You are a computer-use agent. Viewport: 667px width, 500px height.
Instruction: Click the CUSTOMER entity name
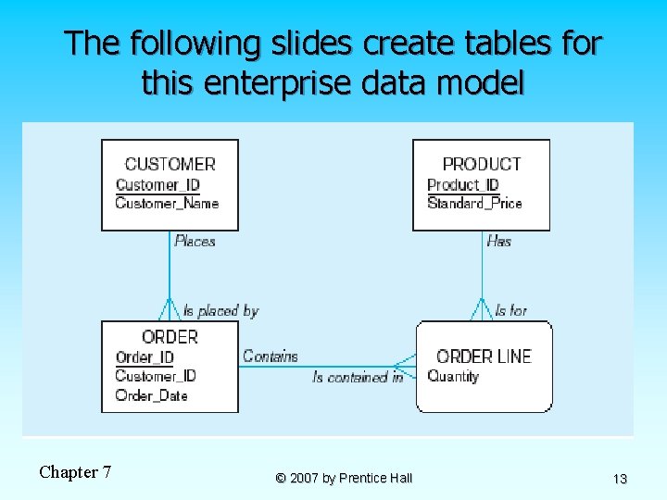click(x=170, y=164)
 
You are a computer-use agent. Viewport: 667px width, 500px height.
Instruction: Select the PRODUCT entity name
click(x=481, y=164)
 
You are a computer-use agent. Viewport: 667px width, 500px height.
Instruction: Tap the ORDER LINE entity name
click(x=484, y=356)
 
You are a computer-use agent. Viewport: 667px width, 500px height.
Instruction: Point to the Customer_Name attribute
click(x=167, y=204)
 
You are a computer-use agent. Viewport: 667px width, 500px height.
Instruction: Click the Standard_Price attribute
click(x=474, y=204)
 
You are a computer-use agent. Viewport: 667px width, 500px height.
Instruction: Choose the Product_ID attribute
click(x=463, y=184)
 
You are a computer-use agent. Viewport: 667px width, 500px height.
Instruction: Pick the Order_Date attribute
click(x=151, y=395)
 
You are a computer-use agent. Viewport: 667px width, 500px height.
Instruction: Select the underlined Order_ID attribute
click(x=145, y=357)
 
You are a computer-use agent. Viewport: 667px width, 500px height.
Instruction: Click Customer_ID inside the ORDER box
click(x=156, y=376)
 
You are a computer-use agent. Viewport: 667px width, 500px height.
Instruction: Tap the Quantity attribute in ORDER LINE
click(x=453, y=376)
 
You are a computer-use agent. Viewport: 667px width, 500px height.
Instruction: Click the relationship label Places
click(x=195, y=241)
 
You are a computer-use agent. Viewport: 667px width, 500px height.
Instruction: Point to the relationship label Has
click(x=498, y=241)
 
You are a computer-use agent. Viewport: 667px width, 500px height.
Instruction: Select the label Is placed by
click(x=220, y=311)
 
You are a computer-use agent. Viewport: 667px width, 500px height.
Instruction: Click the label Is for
click(x=510, y=311)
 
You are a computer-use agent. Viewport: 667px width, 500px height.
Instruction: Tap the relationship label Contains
click(x=271, y=356)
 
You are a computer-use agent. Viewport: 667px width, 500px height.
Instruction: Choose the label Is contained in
click(x=358, y=377)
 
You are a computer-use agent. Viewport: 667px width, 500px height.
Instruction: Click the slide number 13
click(x=620, y=479)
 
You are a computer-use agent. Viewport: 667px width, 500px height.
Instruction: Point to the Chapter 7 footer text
click(x=75, y=472)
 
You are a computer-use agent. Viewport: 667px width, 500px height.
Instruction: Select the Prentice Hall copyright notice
click(x=344, y=478)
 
